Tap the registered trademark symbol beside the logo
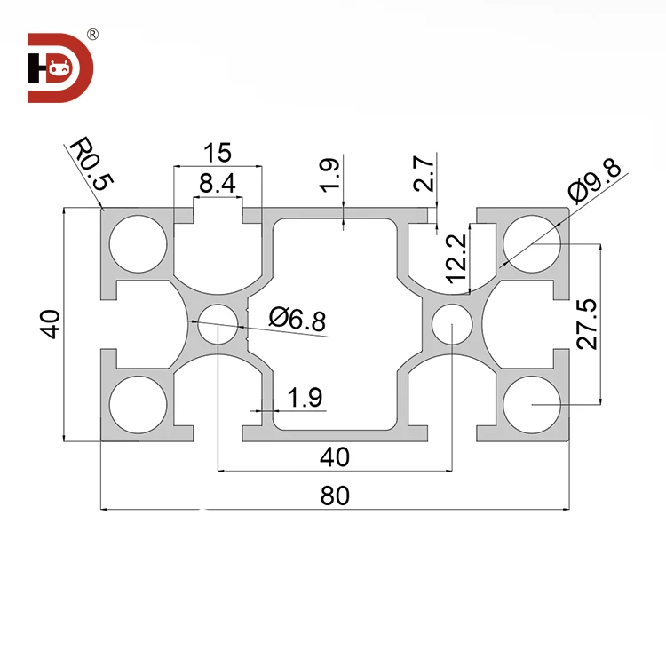91,35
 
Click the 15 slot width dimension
218,152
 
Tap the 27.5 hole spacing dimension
586,324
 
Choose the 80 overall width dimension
335,496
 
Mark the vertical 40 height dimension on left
51,324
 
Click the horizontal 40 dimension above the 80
334,456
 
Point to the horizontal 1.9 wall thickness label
305,399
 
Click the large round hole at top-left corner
139,242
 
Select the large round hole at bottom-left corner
139,405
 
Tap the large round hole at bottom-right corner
531,405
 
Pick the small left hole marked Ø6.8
218,323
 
